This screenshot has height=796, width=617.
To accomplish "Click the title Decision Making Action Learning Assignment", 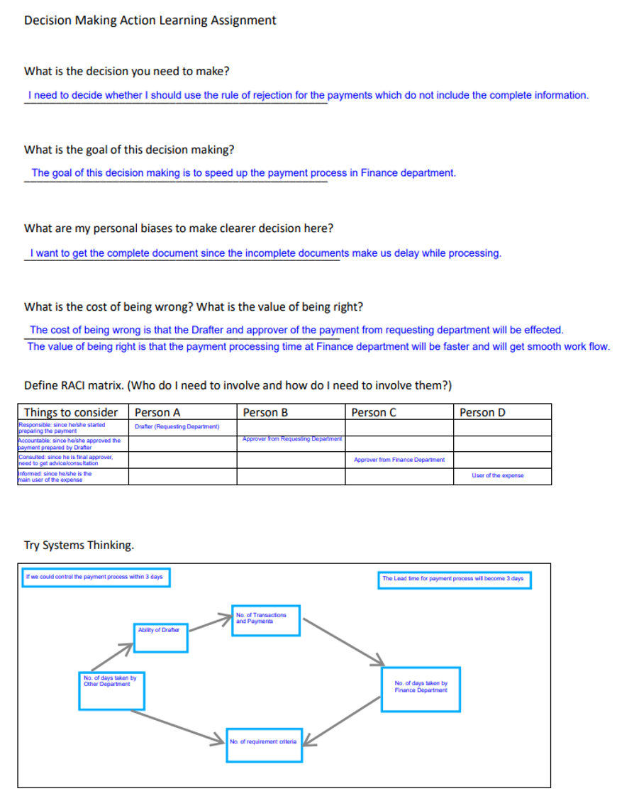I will coord(150,21).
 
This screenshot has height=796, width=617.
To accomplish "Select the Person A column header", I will coord(157,412).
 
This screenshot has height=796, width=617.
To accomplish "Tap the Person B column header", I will coord(265,412).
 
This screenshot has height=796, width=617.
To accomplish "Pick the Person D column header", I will coord(482,412).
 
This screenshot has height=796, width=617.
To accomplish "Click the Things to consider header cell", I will coord(71,412).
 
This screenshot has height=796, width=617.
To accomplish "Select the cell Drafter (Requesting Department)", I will coord(177,426).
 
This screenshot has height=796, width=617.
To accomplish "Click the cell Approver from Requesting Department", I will coord(291,439).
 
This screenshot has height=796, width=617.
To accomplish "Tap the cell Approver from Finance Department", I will coord(399,460).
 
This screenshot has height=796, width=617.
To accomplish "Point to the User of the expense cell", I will coord(497,475).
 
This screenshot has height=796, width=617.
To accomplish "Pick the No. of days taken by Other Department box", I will coord(111,690).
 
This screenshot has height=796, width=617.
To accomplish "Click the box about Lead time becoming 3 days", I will coord(454,580).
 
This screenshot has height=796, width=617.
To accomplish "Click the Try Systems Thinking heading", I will coord(79,545).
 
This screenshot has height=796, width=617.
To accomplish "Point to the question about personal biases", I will coord(179,228).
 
